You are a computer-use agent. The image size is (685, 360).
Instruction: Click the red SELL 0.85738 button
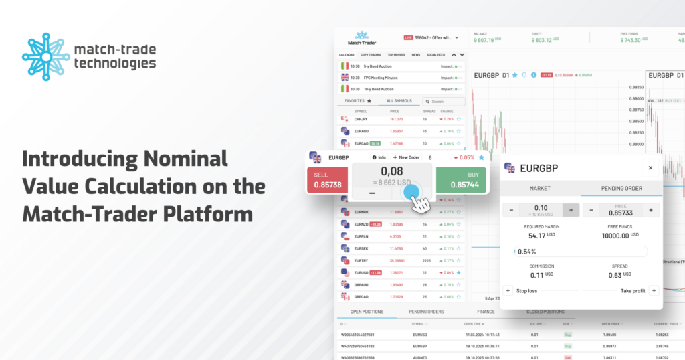tap(327, 179)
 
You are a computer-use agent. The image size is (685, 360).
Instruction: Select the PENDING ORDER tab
tap(621, 188)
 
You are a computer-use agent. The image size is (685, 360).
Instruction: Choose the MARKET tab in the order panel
tap(540, 188)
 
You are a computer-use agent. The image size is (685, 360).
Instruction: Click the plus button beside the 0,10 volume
tap(571, 210)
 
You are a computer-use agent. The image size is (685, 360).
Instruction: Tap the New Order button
tap(407, 157)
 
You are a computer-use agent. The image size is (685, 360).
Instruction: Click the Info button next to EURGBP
tap(379, 157)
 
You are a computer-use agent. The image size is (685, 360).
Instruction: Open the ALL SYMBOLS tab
tap(399, 101)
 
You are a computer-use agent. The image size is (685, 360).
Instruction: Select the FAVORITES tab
tap(358, 101)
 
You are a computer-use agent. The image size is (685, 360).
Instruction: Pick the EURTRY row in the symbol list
tap(361, 260)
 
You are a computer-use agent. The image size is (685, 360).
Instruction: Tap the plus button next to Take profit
tap(654, 290)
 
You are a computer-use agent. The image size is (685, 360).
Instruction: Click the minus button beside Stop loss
tap(508, 290)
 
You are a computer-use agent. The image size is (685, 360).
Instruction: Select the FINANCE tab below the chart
tap(486, 312)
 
